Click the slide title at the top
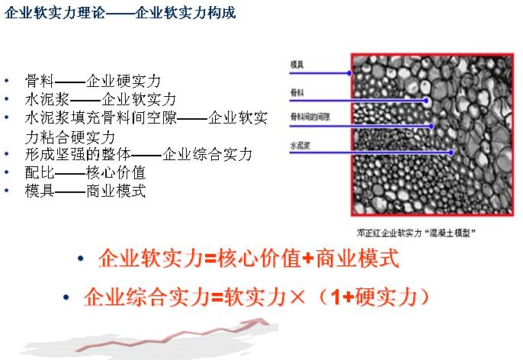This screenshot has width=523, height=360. tap(120, 13)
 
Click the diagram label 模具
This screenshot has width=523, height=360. tap(297, 64)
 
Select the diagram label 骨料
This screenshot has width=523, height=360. tap(297, 92)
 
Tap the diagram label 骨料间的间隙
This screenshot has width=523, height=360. tap(310, 117)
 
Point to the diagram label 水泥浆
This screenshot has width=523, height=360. tap(300, 146)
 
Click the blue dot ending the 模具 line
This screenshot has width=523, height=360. tap(349, 73)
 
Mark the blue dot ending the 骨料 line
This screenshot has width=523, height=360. tap(426, 100)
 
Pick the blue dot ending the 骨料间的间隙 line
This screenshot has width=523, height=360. tap(432, 126)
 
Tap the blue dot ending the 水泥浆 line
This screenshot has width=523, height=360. tap(451, 153)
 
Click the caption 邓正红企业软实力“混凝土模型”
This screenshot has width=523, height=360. tap(416, 233)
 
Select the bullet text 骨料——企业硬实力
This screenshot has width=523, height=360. tap(93, 81)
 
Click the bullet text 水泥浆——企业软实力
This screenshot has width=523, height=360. tap(101, 99)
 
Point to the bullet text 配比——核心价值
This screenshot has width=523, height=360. tap(85, 172)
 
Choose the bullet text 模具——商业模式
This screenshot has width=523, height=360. tap(85, 191)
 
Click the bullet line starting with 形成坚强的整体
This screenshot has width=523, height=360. tap(139, 154)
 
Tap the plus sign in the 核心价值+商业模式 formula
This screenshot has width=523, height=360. tap(309, 259)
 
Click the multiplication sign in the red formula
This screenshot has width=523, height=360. tap(297, 297)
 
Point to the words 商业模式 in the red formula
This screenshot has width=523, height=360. tap(358, 259)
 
